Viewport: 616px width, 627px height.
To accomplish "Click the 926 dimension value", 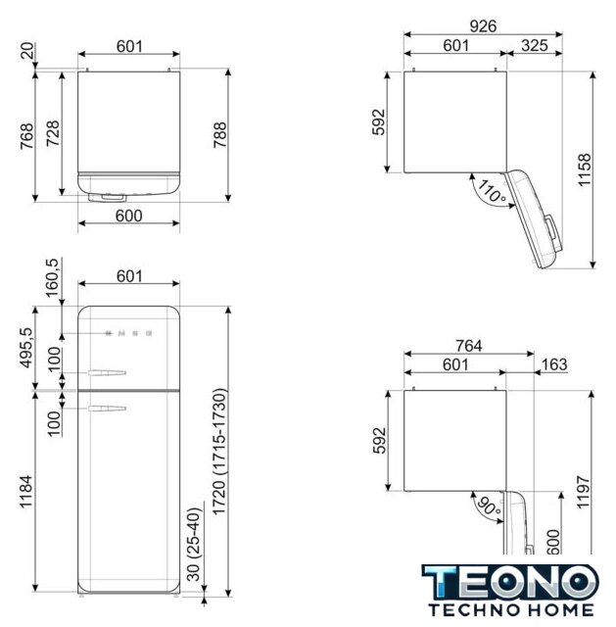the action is click(x=483, y=26).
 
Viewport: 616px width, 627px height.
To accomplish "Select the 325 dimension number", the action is click(x=535, y=46).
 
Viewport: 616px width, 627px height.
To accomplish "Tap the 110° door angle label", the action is click(x=492, y=192).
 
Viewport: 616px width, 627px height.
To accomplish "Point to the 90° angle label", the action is click(x=489, y=506).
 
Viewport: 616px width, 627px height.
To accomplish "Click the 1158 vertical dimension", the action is click(x=584, y=169).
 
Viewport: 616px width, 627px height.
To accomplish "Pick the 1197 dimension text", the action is click(x=584, y=492).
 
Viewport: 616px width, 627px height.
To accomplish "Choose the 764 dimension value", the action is click(x=469, y=346).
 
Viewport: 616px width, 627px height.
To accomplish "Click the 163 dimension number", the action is click(x=554, y=364).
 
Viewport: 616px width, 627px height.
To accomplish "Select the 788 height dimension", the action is click(x=219, y=135).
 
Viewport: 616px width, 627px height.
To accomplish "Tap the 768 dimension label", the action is click(x=26, y=136).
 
